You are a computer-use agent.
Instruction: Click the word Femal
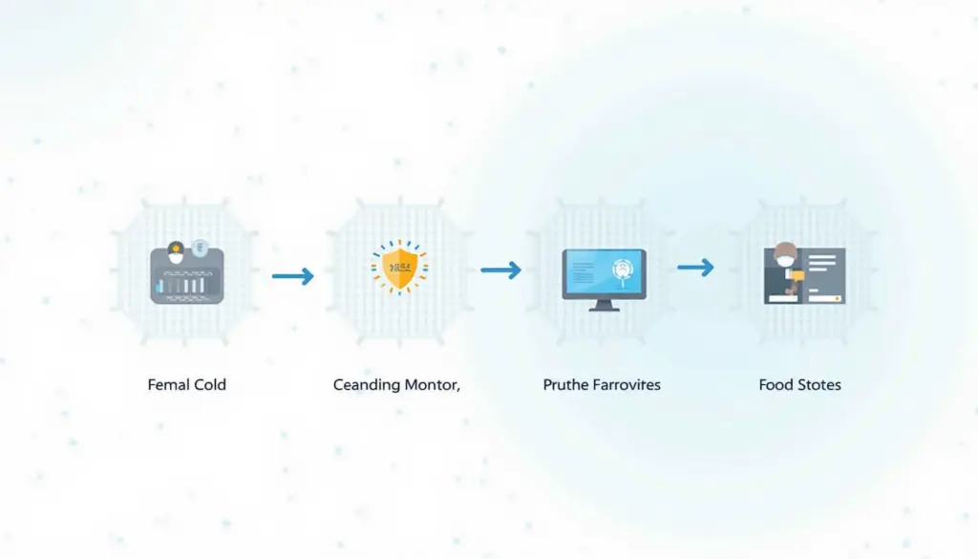point(166,385)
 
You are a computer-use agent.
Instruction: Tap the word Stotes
point(819,385)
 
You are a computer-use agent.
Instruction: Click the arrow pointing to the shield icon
point(293,276)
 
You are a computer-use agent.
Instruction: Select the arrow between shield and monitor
point(500,270)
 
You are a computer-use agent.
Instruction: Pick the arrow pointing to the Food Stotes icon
point(695,267)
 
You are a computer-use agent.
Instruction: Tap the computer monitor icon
point(604,279)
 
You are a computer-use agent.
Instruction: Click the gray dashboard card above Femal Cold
point(187,276)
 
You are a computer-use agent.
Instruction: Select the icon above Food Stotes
point(804,274)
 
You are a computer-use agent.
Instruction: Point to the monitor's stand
point(604,305)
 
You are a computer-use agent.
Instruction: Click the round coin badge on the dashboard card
point(200,248)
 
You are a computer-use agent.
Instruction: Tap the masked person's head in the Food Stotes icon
point(785,254)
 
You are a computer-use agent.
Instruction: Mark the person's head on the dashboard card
point(176,252)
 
